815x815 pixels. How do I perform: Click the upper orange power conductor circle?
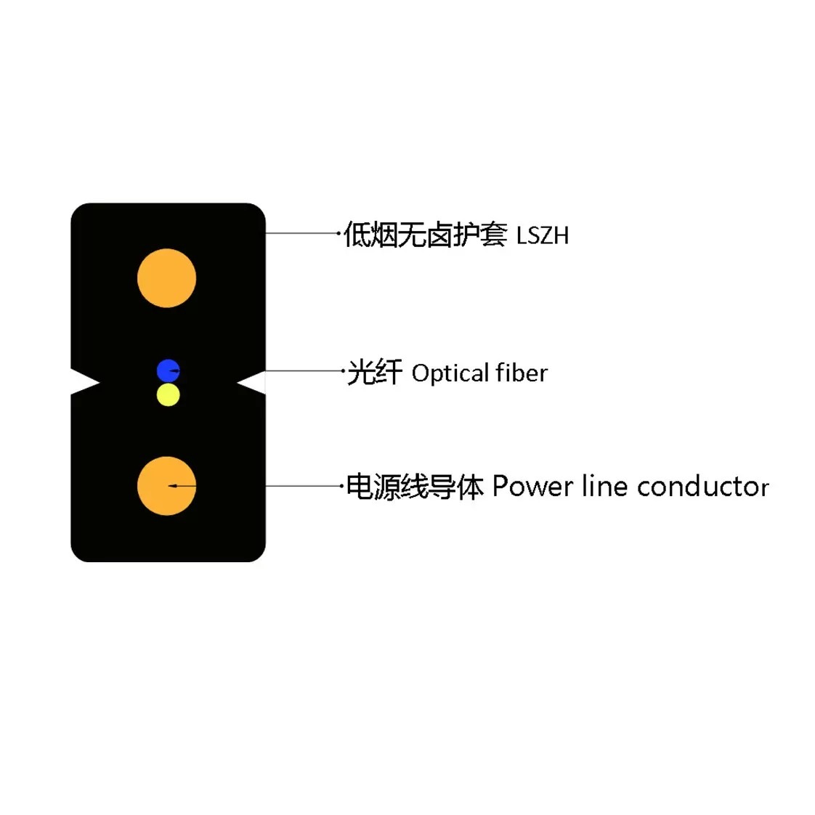167,278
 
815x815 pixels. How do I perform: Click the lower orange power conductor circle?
167,486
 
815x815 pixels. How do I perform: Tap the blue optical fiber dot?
168,370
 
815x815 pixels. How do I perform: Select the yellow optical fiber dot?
168,395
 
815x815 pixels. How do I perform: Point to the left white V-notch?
83,382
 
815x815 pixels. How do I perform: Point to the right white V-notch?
253,383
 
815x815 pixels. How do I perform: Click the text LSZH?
543,236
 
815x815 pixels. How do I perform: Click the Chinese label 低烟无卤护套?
425,235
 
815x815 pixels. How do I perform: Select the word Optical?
450,373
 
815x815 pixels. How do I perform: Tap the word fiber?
522,373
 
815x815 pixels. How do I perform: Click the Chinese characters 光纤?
374,372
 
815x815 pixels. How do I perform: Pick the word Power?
532,487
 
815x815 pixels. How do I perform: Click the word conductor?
703,487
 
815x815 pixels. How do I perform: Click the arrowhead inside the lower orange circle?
173,486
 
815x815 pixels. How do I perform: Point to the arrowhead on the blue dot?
175,370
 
